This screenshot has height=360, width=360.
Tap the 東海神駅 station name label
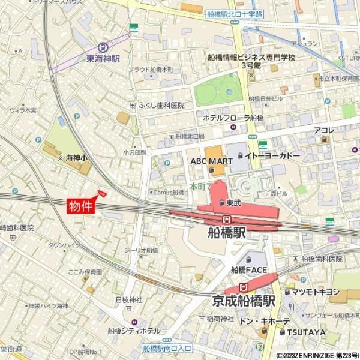click(103, 59)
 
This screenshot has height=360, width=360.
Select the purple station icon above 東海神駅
click(103, 47)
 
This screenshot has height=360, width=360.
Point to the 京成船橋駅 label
click(244, 300)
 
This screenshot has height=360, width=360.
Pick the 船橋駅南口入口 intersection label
click(167, 347)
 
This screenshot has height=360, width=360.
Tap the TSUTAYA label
click(306, 332)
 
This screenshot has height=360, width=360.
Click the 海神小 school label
click(76, 157)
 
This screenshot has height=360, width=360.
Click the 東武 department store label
click(233, 203)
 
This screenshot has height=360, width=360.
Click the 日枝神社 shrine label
click(128, 299)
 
